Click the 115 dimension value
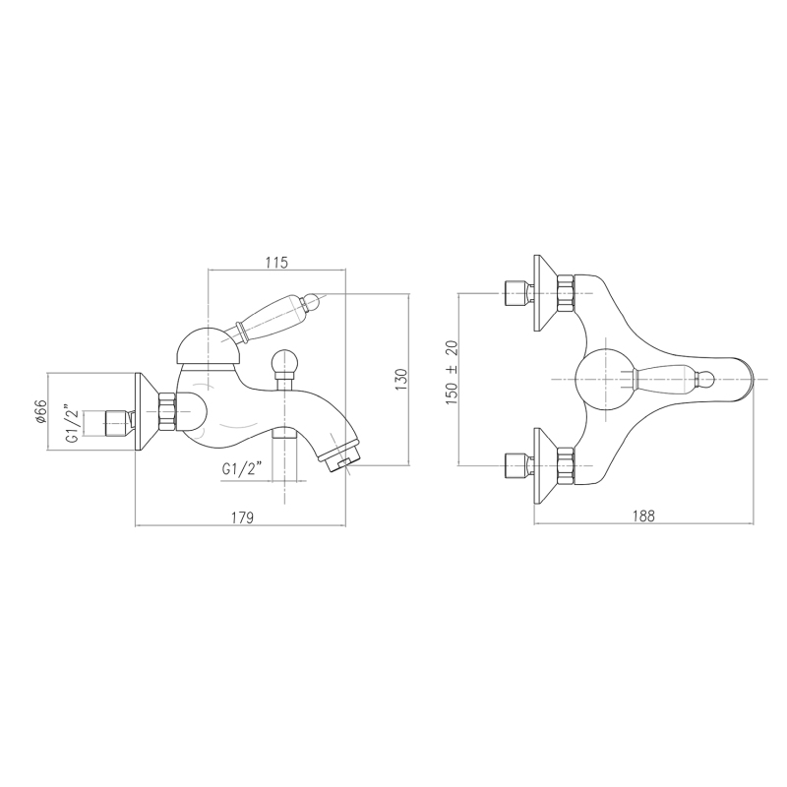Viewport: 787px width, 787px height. [x=277, y=262]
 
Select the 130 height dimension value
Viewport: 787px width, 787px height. [x=401, y=380]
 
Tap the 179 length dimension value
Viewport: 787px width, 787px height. [x=243, y=517]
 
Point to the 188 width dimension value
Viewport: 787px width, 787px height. [x=643, y=515]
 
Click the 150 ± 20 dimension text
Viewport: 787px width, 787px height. [x=452, y=373]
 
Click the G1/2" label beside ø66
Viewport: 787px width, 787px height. [x=74, y=423]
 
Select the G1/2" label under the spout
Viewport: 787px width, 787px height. [x=242, y=469]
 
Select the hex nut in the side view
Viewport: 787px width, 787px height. [x=166, y=411]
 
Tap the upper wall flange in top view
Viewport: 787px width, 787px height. [x=545, y=293]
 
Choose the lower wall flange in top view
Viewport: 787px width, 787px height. [x=545, y=466]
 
